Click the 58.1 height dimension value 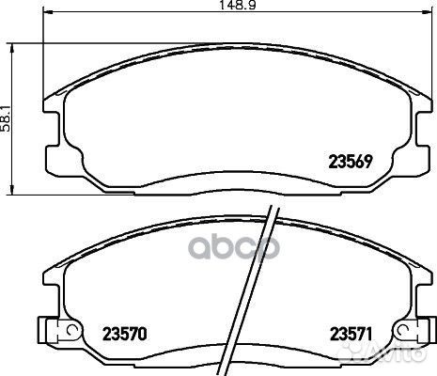pyautogui.click(x=7, y=117)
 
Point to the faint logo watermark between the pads pyautogui.click(x=219, y=247)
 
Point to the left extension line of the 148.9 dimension pyautogui.click(x=45, y=56)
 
